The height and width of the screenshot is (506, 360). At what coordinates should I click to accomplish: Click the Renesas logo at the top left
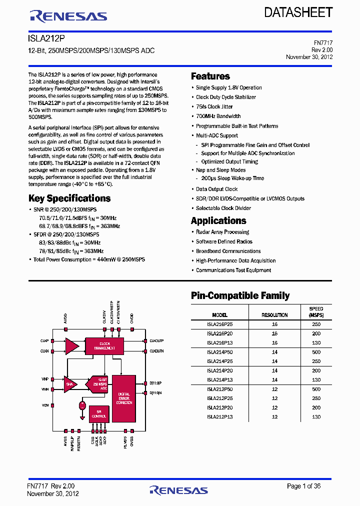(68, 16)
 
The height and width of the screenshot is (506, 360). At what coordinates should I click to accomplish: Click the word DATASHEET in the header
(298, 12)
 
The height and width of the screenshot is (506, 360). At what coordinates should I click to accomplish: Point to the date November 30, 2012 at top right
(309, 57)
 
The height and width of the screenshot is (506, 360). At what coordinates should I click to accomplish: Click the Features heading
(210, 76)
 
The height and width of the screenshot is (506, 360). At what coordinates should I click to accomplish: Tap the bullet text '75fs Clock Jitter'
(214, 106)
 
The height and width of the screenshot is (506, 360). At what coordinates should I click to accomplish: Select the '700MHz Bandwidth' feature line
(218, 116)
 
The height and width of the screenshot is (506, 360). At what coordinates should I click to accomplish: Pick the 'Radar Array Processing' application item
(222, 232)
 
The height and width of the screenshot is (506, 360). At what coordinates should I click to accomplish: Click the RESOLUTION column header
(274, 315)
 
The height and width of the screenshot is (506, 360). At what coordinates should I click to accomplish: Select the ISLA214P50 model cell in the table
(219, 352)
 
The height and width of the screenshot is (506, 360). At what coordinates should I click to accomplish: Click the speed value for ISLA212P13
(316, 417)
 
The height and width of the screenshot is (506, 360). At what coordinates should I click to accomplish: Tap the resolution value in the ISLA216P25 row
(274, 324)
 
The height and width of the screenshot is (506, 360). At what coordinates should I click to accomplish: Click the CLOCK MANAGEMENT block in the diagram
(104, 345)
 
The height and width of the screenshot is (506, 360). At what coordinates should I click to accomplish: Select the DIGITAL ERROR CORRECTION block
(123, 398)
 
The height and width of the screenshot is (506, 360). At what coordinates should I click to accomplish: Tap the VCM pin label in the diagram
(44, 405)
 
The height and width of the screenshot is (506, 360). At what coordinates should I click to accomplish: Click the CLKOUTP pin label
(156, 341)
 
